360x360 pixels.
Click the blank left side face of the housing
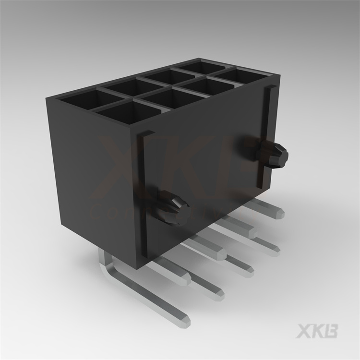coord(91,173)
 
